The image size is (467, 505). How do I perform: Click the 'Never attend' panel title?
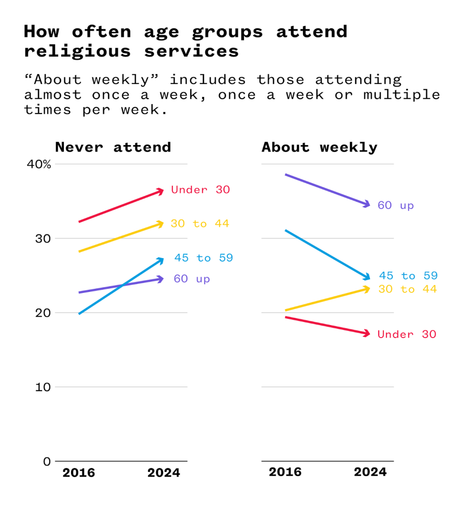pyautogui.click(x=113, y=147)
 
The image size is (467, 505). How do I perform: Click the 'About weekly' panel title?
pyautogui.click(x=319, y=147)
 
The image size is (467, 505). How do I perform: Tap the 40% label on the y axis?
pyautogui.click(x=39, y=164)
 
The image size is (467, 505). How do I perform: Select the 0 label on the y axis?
pyautogui.click(x=47, y=461)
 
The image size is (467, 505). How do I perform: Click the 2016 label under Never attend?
pyautogui.click(x=79, y=473)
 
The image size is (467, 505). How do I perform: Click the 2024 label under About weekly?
pyautogui.click(x=370, y=472)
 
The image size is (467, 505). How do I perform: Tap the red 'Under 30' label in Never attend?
pyautogui.click(x=200, y=190)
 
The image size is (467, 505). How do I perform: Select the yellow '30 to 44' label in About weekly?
pyautogui.click(x=407, y=289)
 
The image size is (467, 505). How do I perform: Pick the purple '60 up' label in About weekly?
pyautogui.click(x=395, y=205)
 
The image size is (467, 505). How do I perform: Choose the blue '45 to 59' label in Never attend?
pyautogui.click(x=203, y=258)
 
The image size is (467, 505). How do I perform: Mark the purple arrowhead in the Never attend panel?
pyautogui.click(x=161, y=279)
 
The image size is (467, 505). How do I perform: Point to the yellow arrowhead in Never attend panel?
pyautogui.click(x=161, y=224)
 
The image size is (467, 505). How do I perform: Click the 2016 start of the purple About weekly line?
pyautogui.click(x=285, y=175)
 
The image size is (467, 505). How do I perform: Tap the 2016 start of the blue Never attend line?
pyautogui.click(x=79, y=314)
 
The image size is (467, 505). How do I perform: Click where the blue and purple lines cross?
pyautogui.click(x=122, y=285)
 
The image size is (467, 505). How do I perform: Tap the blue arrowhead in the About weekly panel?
pyautogui.click(x=368, y=277)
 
